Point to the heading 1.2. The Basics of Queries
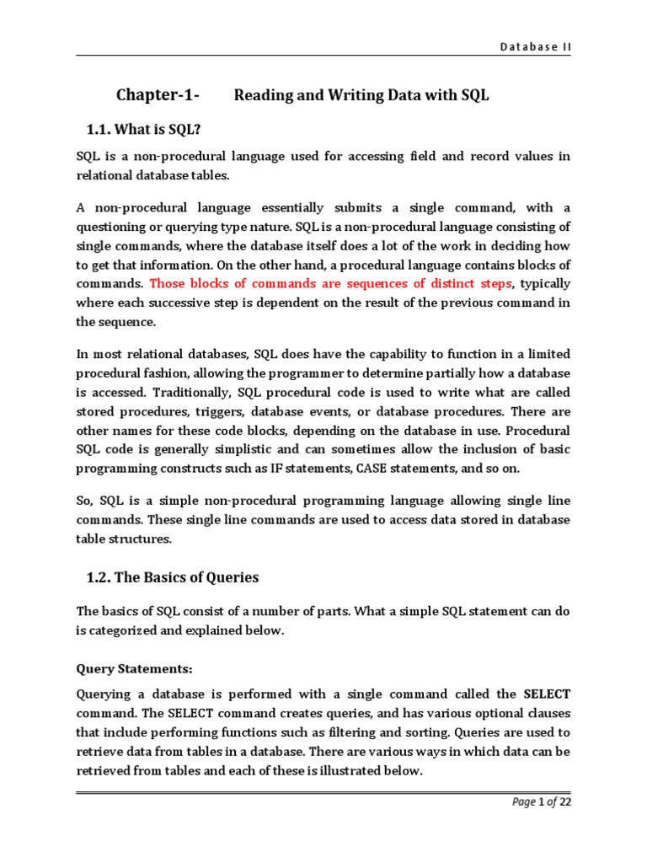point(173,577)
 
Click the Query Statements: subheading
point(135,668)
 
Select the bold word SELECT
point(547,693)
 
